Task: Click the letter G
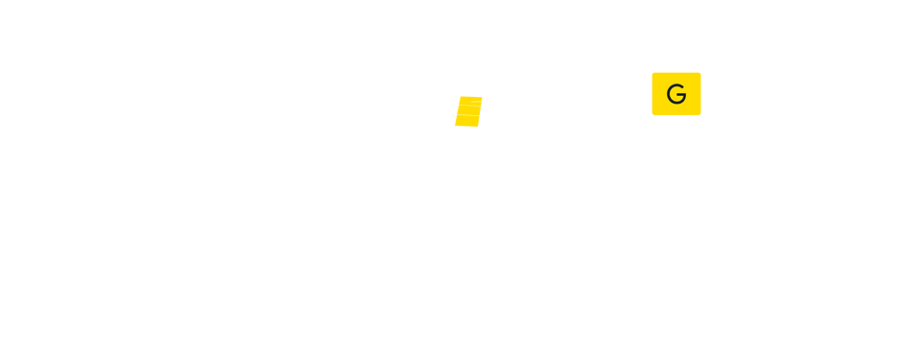click(x=676, y=94)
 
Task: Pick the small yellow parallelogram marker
click(x=468, y=111)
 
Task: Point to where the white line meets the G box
click(x=653, y=93)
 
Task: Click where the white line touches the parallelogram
click(x=482, y=100)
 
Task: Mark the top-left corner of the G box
click(x=653, y=73)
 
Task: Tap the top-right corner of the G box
click(x=700, y=73)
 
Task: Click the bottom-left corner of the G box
click(x=653, y=114)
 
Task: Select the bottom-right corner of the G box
click(x=700, y=114)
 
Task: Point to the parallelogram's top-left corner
click(x=461, y=97)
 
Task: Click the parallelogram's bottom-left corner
click(x=455, y=126)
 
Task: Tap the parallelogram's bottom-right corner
click(x=477, y=126)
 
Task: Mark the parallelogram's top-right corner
click(x=483, y=97)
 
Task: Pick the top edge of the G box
click(x=676, y=73)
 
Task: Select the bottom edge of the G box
click(x=676, y=114)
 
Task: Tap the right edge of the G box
click(x=700, y=94)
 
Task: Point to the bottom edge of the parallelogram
click(x=466, y=126)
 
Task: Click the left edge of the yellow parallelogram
click(x=458, y=111)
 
